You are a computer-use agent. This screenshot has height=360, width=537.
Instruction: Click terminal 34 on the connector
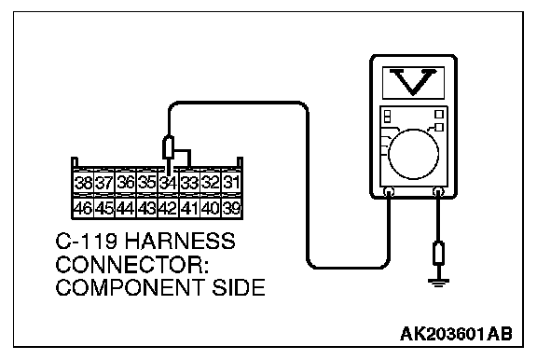168,183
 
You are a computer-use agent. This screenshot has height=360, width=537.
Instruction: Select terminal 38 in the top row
83,183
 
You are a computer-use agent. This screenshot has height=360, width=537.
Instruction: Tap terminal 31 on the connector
231,183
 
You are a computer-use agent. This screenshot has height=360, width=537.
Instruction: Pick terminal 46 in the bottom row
83,208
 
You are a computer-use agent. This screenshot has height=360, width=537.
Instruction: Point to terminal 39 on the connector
231,208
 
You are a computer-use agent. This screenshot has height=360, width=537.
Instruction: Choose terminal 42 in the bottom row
168,208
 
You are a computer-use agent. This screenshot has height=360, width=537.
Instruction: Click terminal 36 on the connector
126,183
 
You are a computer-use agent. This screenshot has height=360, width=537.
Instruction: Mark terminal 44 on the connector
126,208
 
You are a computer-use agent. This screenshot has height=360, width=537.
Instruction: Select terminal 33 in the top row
189,183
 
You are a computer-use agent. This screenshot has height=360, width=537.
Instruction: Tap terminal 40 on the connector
211,208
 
